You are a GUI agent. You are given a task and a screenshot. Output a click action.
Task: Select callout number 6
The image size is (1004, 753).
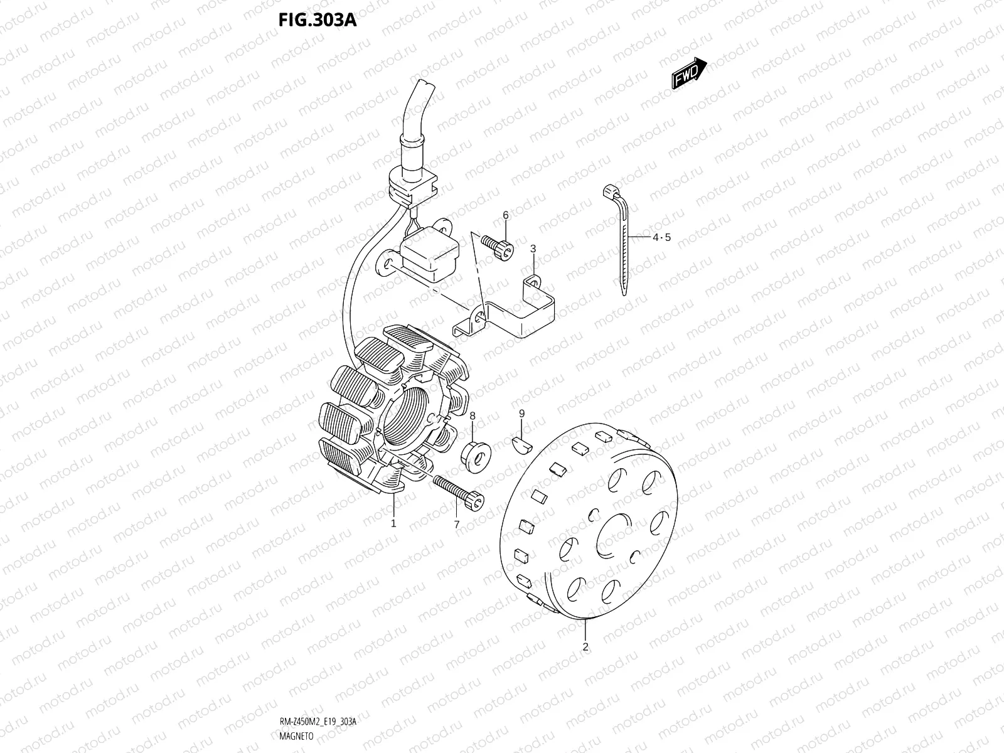pyautogui.click(x=505, y=216)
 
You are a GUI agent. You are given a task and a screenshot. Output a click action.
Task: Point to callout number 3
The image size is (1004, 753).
pyautogui.click(x=533, y=249)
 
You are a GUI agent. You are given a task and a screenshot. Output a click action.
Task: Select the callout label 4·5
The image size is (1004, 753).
pyautogui.click(x=661, y=237)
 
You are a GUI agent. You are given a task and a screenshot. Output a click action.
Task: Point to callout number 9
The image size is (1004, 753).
pyautogui.click(x=521, y=414)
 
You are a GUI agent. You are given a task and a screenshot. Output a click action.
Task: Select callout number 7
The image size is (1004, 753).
pyautogui.click(x=456, y=524)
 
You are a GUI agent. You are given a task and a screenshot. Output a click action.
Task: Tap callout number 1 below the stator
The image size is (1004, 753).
pyautogui.click(x=393, y=523)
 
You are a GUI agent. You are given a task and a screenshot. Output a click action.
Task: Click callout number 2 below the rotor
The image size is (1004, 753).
pyautogui.click(x=585, y=646)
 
